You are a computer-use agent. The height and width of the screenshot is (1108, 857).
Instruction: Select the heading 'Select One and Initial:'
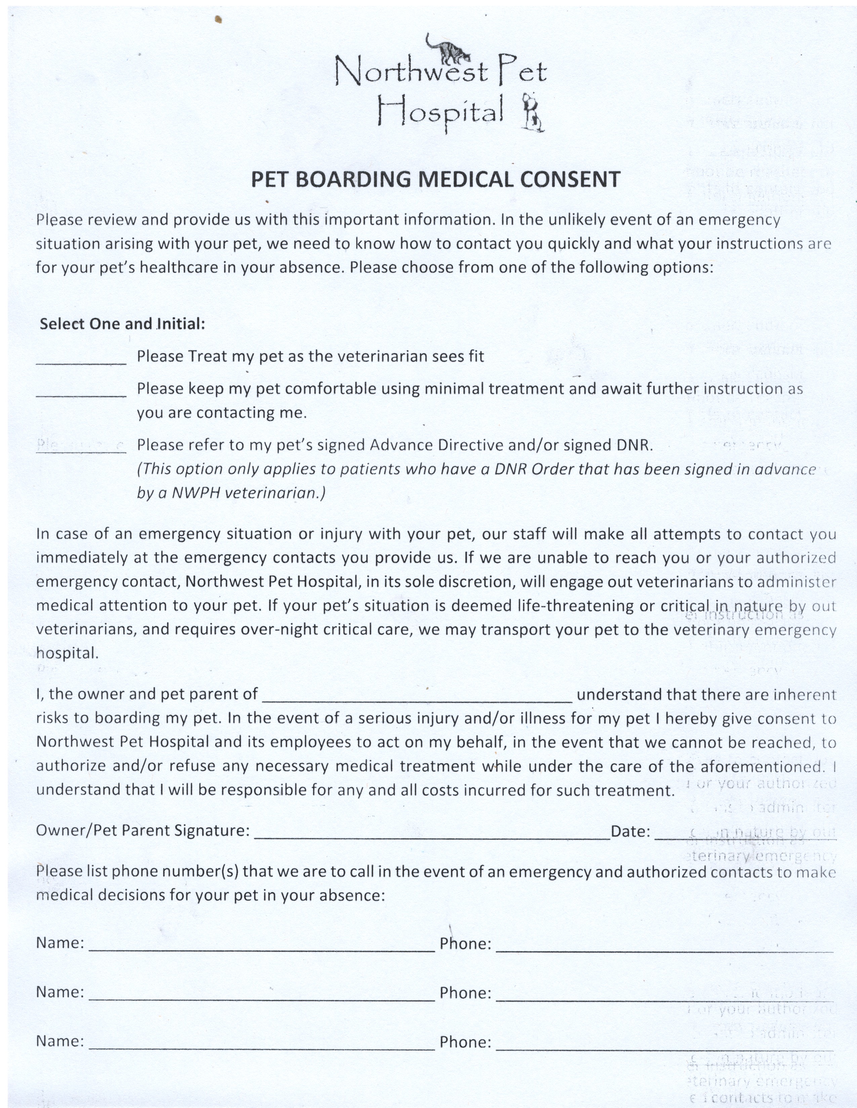(x=122, y=324)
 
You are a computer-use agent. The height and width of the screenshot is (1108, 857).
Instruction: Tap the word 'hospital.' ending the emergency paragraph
(x=67, y=653)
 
